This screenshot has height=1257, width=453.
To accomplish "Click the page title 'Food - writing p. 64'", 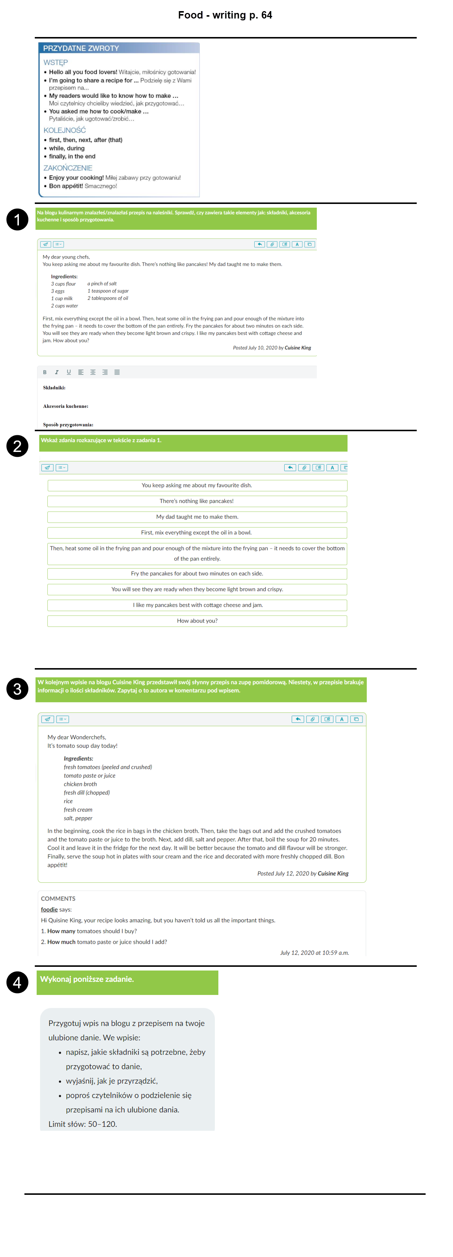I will coord(225,15).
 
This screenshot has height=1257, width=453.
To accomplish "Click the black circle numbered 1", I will coord(17,219).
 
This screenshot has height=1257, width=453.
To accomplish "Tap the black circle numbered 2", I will coord(17,446).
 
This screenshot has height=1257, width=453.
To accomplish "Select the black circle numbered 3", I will coord(17,688).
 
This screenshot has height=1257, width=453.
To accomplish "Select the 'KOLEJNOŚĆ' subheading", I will coord(64,130).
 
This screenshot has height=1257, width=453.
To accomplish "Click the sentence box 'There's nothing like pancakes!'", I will coord(197,501).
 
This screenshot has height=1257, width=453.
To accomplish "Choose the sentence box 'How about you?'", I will coord(197,621).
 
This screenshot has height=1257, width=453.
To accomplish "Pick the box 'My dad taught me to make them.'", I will coord(197,517).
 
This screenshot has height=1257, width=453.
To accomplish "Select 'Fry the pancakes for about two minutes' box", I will coord(197,573).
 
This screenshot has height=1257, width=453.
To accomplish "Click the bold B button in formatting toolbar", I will coord(45,372).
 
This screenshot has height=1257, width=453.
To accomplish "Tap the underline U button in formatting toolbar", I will coord(69,372).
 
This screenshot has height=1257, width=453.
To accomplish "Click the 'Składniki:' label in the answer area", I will coord(54,388).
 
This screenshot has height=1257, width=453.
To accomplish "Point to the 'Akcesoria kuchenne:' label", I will coord(66,406).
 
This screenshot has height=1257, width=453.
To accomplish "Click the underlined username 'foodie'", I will coord(49,909).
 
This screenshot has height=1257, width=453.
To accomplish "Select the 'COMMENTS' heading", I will coord(58,898).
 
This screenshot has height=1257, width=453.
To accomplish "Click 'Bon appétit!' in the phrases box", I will coord(66,186).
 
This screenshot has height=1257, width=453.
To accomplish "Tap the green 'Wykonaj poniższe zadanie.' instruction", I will coord(87,979).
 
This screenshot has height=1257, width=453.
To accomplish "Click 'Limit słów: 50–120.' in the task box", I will coord(83,1124).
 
